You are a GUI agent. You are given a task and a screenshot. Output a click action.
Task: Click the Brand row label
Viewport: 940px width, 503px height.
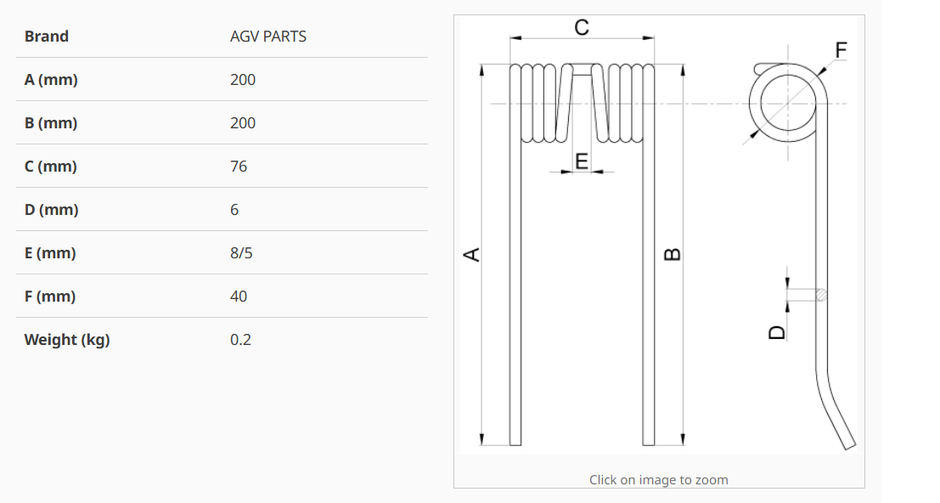pos(46,37)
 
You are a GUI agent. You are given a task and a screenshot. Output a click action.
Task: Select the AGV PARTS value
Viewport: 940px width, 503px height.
pos(268,37)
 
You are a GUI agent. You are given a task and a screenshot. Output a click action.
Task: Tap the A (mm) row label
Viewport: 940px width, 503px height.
pos(51,80)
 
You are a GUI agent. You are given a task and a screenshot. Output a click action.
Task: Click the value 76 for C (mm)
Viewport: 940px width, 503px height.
pos(239,167)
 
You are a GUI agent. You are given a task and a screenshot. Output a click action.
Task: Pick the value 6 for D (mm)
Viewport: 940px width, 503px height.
pos(234,210)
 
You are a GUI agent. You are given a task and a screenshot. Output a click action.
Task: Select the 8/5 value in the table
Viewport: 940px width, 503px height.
pos(241,253)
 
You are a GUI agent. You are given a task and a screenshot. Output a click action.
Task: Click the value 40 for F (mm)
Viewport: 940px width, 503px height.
pos(239,297)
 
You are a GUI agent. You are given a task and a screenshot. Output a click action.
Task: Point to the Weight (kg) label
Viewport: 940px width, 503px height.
pos(67,340)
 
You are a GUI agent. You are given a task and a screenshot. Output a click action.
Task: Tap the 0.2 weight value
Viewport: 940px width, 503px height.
pos(240,340)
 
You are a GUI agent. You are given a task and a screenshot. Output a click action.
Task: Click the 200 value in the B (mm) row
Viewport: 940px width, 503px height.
pos(243,123)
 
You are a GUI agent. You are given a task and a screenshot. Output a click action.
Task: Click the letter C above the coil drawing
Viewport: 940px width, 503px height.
pos(582,27)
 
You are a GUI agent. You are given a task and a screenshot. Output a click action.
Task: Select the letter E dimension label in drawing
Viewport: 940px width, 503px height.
pos(582,161)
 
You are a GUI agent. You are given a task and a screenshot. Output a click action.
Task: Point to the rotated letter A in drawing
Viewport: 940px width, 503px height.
pos(472,254)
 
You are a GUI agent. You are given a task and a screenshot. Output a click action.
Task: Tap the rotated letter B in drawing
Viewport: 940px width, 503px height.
pos(673,254)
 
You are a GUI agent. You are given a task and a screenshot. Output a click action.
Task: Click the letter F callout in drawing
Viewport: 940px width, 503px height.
pos(841,50)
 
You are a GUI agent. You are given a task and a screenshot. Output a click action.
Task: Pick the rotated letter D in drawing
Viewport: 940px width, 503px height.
pos(777,333)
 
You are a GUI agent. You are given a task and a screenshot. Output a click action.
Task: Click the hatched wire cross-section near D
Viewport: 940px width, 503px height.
pos(821,294)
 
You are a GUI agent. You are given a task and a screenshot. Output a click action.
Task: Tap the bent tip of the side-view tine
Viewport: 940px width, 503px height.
pos(850,446)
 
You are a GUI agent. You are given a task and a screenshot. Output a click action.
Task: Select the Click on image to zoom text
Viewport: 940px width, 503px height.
pos(659,479)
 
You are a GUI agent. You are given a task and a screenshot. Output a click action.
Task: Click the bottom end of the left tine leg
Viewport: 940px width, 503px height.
pos(515,445)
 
